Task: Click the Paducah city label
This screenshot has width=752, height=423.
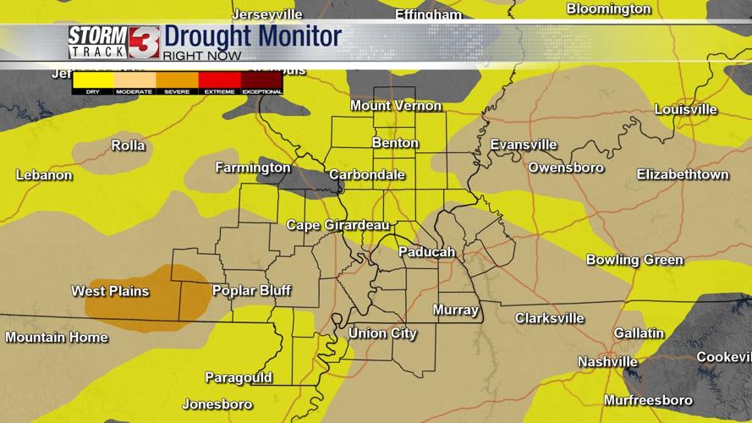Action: coord(427,252)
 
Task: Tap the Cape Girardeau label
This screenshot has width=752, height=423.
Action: coord(338,225)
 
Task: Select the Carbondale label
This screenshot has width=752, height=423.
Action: coord(367,175)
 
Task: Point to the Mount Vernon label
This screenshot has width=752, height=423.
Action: coord(396,106)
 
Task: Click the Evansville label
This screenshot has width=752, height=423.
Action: coord(524,145)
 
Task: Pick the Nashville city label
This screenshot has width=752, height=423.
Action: coord(607,362)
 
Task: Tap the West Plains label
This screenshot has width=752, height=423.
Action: coord(110,291)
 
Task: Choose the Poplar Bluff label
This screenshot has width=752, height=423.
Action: coord(251,291)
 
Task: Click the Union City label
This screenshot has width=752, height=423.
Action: coord(382,333)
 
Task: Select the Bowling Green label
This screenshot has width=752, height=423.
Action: coord(634,260)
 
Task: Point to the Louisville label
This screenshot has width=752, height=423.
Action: coord(685,110)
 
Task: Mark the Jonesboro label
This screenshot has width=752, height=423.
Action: coord(217,404)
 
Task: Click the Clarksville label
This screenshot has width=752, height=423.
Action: coord(550,318)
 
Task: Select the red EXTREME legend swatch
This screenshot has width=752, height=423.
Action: coord(219,80)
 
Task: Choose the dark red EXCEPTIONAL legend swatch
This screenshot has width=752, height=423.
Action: coord(261,80)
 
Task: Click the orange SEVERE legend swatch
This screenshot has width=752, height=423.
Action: coord(177,80)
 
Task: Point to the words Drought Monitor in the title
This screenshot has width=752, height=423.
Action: coord(252,36)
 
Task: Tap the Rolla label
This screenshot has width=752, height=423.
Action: coord(129,146)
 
